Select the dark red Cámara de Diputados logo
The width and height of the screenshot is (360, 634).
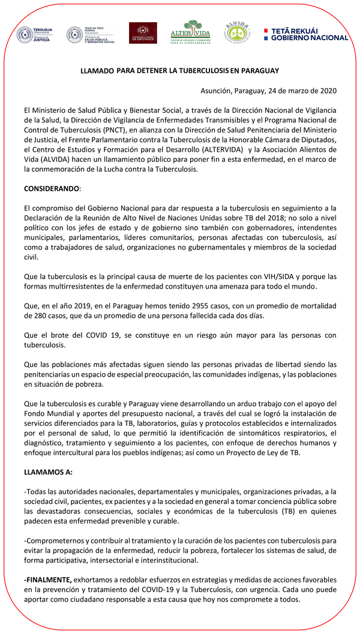[x=143, y=33]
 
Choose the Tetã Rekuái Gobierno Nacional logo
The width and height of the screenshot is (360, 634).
[x=306, y=34]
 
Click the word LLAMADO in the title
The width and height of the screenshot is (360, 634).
[x=97, y=71]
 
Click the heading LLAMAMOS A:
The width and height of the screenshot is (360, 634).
[x=48, y=472]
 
